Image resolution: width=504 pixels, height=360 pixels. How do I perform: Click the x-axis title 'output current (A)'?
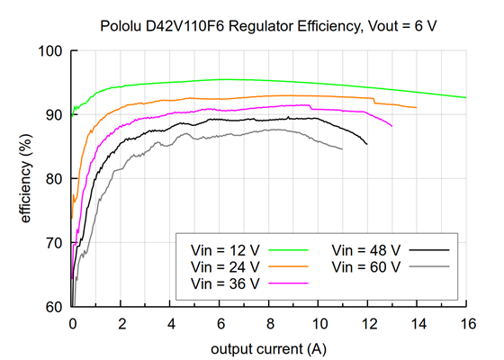click(x=269, y=347)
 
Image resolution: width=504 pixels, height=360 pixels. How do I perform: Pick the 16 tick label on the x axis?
click(x=465, y=321)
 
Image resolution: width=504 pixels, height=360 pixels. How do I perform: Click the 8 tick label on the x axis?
click(x=269, y=321)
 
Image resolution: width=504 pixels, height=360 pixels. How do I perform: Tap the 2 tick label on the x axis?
click(x=121, y=321)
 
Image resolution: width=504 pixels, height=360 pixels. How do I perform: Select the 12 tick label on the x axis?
click(x=367, y=321)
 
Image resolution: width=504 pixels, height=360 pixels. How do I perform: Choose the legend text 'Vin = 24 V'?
click(x=227, y=266)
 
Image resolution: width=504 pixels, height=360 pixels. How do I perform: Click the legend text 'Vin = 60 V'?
click(x=365, y=266)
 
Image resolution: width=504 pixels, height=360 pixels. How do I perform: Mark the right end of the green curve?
click(x=465, y=97)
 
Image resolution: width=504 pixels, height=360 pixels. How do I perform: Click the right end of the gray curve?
click(x=342, y=148)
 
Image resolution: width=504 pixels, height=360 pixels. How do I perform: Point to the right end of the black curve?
click(x=366, y=144)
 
